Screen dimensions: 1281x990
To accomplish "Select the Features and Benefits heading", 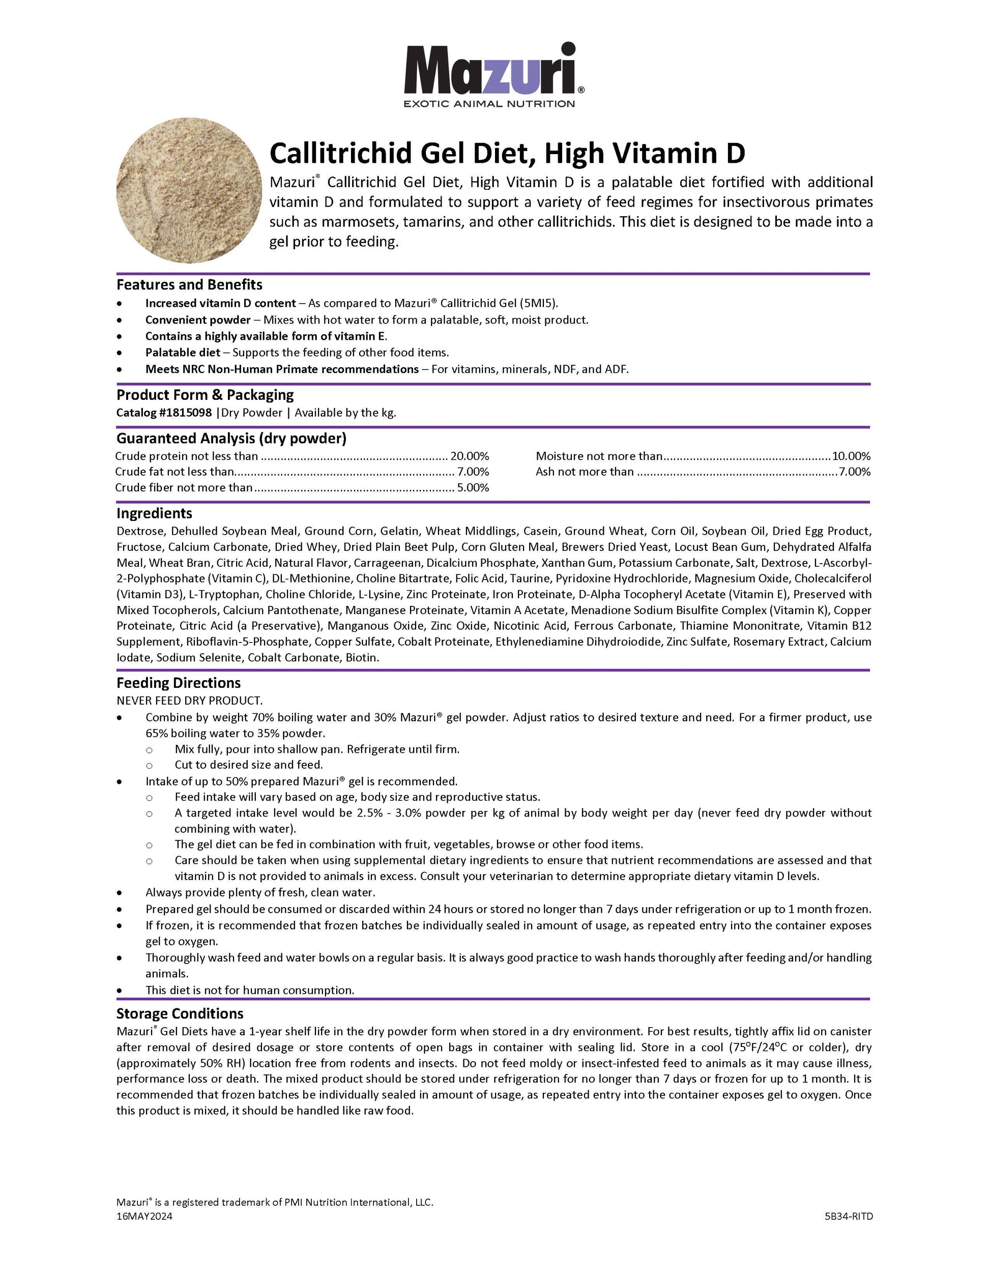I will coord(189,285).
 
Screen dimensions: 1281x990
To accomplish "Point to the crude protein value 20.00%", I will coord(469,456).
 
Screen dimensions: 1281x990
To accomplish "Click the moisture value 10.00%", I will coord(851,456).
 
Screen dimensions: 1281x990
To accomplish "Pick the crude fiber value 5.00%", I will coord(473,488).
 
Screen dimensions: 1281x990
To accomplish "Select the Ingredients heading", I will coord(154,514).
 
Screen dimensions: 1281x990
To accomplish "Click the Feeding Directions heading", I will coord(178,683).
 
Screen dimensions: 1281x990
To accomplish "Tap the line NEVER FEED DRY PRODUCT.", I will coord(189,701).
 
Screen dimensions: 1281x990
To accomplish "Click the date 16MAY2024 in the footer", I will coord(144,1216).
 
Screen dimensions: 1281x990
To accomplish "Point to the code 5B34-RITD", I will coord(849,1216).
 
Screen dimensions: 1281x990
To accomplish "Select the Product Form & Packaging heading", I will coord(205,395).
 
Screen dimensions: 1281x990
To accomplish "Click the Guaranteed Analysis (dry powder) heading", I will coord(231,439).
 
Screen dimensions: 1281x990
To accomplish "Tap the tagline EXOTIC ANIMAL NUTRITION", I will coord(489,104).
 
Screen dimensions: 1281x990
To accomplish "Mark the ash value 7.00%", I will coord(855,472).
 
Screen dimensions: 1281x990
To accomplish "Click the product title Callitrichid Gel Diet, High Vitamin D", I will coord(507,154).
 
